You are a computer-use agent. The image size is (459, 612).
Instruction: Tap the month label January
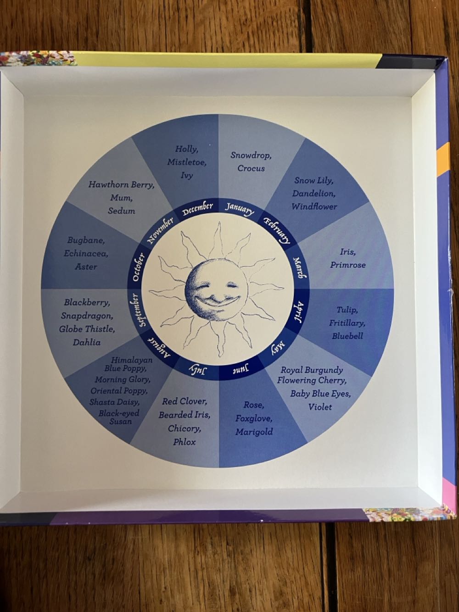[239, 209]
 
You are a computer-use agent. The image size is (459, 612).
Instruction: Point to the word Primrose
[348, 265]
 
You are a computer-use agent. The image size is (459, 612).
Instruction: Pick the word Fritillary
[347, 323]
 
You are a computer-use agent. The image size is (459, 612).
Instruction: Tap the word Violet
[320, 406]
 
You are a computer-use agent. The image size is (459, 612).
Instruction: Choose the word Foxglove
[254, 418]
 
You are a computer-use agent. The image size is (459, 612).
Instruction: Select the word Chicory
[184, 428]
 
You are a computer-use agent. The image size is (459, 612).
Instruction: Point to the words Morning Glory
[123, 379]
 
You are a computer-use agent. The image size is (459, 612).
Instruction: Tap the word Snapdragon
[87, 316]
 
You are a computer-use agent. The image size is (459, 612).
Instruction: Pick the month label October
[138, 267]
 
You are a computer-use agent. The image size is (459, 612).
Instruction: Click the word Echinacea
[86, 253]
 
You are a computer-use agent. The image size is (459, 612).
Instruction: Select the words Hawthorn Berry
[121, 185]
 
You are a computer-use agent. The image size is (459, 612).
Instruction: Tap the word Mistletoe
[187, 162]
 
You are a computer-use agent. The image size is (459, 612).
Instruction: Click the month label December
[197, 209]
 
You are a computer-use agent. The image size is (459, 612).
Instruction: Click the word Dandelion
[314, 193]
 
